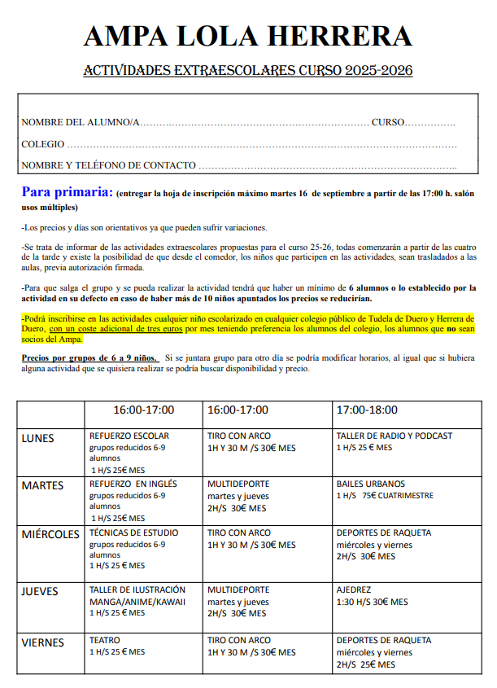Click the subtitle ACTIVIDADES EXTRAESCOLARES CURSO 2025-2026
pos(247,72)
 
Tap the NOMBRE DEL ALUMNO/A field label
pos(81,122)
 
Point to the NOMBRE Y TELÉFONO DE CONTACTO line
pos(108,165)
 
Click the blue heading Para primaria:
pos(67,193)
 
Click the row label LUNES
pos(37,438)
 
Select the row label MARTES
pos(42,486)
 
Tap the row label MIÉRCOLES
pos(51,534)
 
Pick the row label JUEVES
pos(40,592)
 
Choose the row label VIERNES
pos(42,642)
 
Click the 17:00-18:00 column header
pos(369,410)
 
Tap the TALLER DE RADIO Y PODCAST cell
pos(394,436)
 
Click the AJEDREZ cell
pos(354,590)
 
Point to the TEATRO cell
pos(105,641)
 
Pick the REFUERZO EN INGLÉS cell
pos(133,484)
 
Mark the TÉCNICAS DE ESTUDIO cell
pos(133,533)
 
